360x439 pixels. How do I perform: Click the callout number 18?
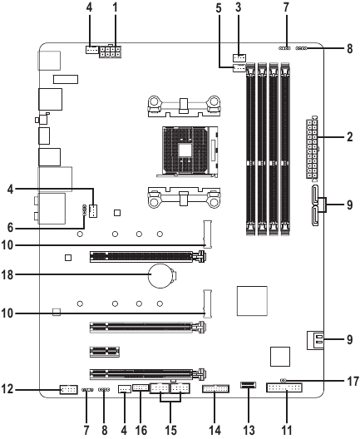click(x=7, y=274)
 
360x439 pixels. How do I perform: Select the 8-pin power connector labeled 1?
click(x=110, y=52)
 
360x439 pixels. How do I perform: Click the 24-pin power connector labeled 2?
click(x=312, y=149)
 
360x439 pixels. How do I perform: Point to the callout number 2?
click(x=350, y=137)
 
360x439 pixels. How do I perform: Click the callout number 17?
click(x=353, y=381)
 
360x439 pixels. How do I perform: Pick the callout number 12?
click(x=7, y=389)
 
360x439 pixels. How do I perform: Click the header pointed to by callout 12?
click(x=68, y=389)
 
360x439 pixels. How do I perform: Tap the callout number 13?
click(x=249, y=430)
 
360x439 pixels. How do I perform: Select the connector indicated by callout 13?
click(x=248, y=385)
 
